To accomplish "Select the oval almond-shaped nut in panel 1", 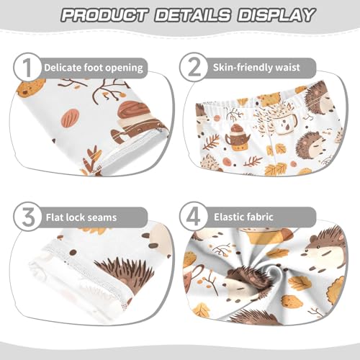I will pyautogui.click(x=70, y=117).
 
